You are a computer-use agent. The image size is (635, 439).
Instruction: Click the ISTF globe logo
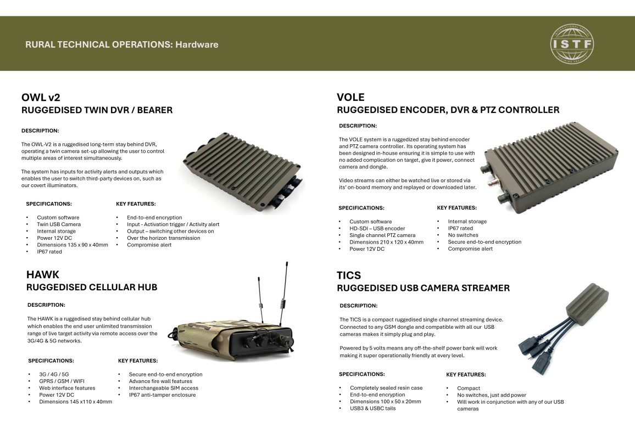pyautogui.click(x=572, y=44)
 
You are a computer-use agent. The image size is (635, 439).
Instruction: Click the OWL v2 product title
pyautogui.click(x=41, y=98)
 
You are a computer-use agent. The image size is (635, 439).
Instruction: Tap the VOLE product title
pyautogui.click(x=350, y=98)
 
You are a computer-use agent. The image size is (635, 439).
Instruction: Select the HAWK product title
pyautogui.click(x=42, y=275)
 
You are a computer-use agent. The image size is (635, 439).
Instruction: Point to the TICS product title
pyautogui.click(x=349, y=275)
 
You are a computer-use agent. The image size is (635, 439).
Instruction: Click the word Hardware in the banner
pyautogui.click(x=197, y=44)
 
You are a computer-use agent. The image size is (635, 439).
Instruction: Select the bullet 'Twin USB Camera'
pyautogui.click(x=59, y=224)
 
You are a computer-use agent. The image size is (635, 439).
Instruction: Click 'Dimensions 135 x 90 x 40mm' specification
pyautogui.click(x=73, y=245)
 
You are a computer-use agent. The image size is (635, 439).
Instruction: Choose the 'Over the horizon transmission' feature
pyautogui.click(x=164, y=238)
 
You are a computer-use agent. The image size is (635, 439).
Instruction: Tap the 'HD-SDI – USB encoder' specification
pyautogui.click(x=377, y=228)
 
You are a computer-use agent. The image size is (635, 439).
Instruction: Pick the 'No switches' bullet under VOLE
pyautogui.click(x=463, y=235)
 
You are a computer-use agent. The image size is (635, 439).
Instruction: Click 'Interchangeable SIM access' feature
pyautogui.click(x=164, y=388)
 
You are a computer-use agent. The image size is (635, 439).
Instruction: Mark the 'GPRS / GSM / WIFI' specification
pyautogui.click(x=62, y=381)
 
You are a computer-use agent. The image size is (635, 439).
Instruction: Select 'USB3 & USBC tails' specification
pyautogui.click(x=372, y=408)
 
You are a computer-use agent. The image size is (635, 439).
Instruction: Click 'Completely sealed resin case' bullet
pyautogui.click(x=386, y=387)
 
